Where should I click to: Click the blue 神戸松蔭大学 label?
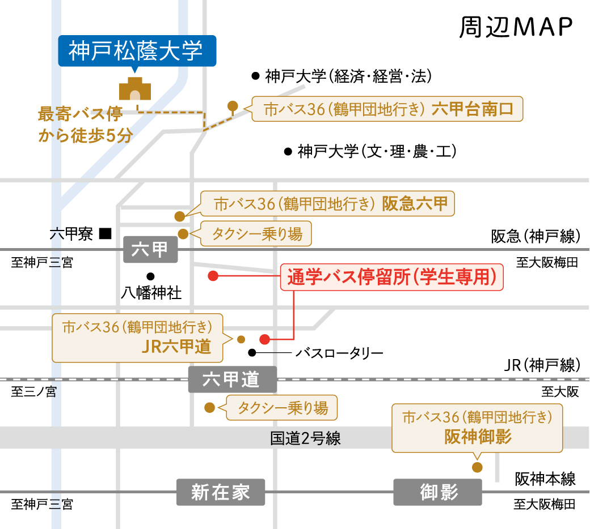pos(137,51)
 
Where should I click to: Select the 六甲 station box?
pos(150,250)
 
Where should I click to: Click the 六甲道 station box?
pos(233,379)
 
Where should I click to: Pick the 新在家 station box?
pos(221,492)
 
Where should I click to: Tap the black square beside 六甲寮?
pos(105,233)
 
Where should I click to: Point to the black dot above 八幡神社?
pos(150,276)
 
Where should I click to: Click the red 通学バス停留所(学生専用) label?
pos(392,278)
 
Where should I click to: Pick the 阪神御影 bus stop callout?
pos(478,428)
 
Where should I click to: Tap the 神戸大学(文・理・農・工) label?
pos(377,152)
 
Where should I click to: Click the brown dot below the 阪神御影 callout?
pos(477,467)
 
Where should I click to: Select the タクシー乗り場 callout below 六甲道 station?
pos(282,407)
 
